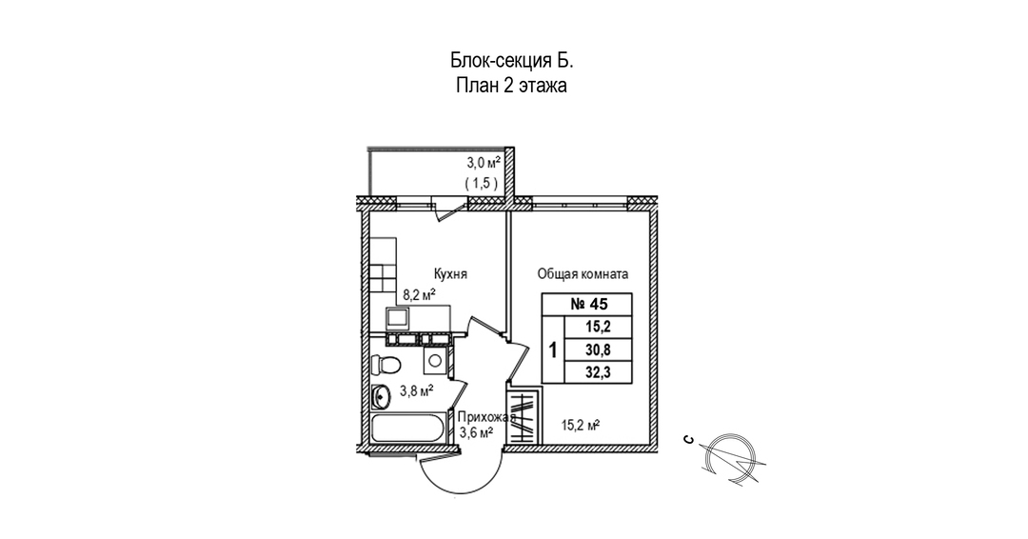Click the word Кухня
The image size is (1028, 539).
449,274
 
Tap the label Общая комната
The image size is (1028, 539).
583,274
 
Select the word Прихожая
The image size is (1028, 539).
486,417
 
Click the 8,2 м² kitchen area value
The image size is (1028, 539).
419,295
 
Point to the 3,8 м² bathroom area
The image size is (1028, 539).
416,389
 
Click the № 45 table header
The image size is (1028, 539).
586,305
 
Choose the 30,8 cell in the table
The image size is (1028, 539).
601,349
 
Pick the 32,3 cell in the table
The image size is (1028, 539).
601,372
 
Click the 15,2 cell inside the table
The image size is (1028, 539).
601,327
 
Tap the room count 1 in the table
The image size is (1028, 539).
553,349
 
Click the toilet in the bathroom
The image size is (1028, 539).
385,363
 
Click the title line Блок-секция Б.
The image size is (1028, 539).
512,61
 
